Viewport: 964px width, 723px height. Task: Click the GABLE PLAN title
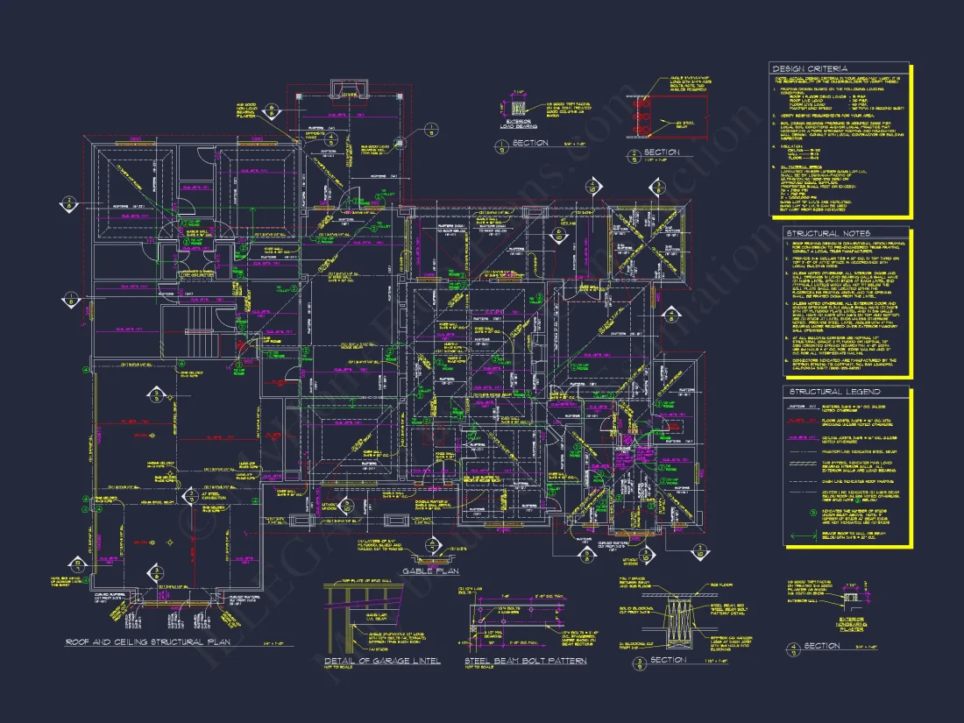(430, 571)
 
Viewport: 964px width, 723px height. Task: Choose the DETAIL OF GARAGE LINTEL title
(381, 660)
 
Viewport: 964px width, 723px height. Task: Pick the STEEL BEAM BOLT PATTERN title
(525, 660)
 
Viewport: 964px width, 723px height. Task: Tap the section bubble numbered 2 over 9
(635, 156)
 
